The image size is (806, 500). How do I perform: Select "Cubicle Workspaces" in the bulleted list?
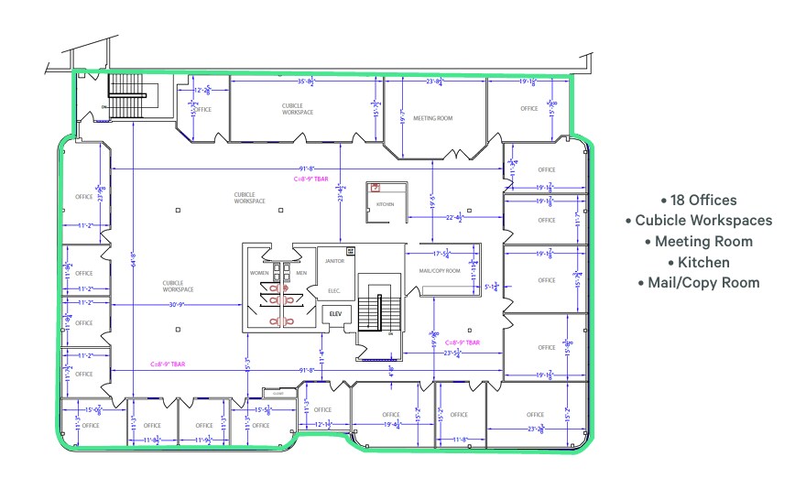click(698, 221)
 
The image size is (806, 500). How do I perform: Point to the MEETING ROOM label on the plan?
click(432, 118)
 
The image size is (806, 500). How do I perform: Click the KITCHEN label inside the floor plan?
click(385, 204)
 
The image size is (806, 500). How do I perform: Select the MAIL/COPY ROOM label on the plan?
click(440, 271)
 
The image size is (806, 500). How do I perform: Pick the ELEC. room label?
click(333, 291)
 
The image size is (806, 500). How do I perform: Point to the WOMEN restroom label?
click(260, 273)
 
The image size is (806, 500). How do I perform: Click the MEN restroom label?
click(300, 273)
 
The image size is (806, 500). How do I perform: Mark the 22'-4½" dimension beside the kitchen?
click(455, 218)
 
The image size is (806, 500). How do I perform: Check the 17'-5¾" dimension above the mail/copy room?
click(443, 254)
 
